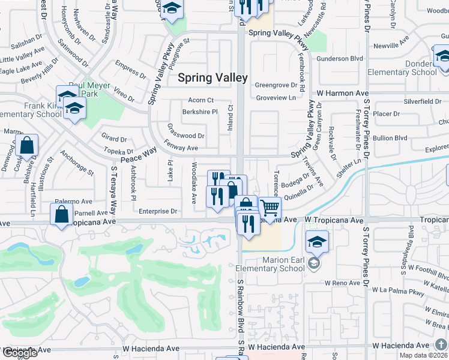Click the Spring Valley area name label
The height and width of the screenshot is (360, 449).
pyautogui.click(x=212, y=78)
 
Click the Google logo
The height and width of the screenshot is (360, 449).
pyautogui.click(x=20, y=353)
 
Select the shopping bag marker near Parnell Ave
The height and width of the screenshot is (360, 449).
pyautogui.click(x=62, y=214)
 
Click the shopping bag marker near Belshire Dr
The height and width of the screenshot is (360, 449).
pyautogui.click(x=27, y=146)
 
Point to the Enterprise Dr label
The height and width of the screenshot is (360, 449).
pyautogui.click(x=158, y=211)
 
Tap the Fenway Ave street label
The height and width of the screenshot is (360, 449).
pyautogui.click(x=181, y=148)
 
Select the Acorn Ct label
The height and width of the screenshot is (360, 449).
pyautogui.click(x=201, y=100)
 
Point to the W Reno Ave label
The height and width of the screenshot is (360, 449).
pyautogui.click(x=341, y=282)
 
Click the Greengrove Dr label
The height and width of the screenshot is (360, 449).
pyautogui.click(x=276, y=85)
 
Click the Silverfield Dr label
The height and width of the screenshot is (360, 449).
pyautogui.click(x=422, y=101)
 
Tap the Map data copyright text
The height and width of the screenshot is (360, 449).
pyautogui.click(x=423, y=355)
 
